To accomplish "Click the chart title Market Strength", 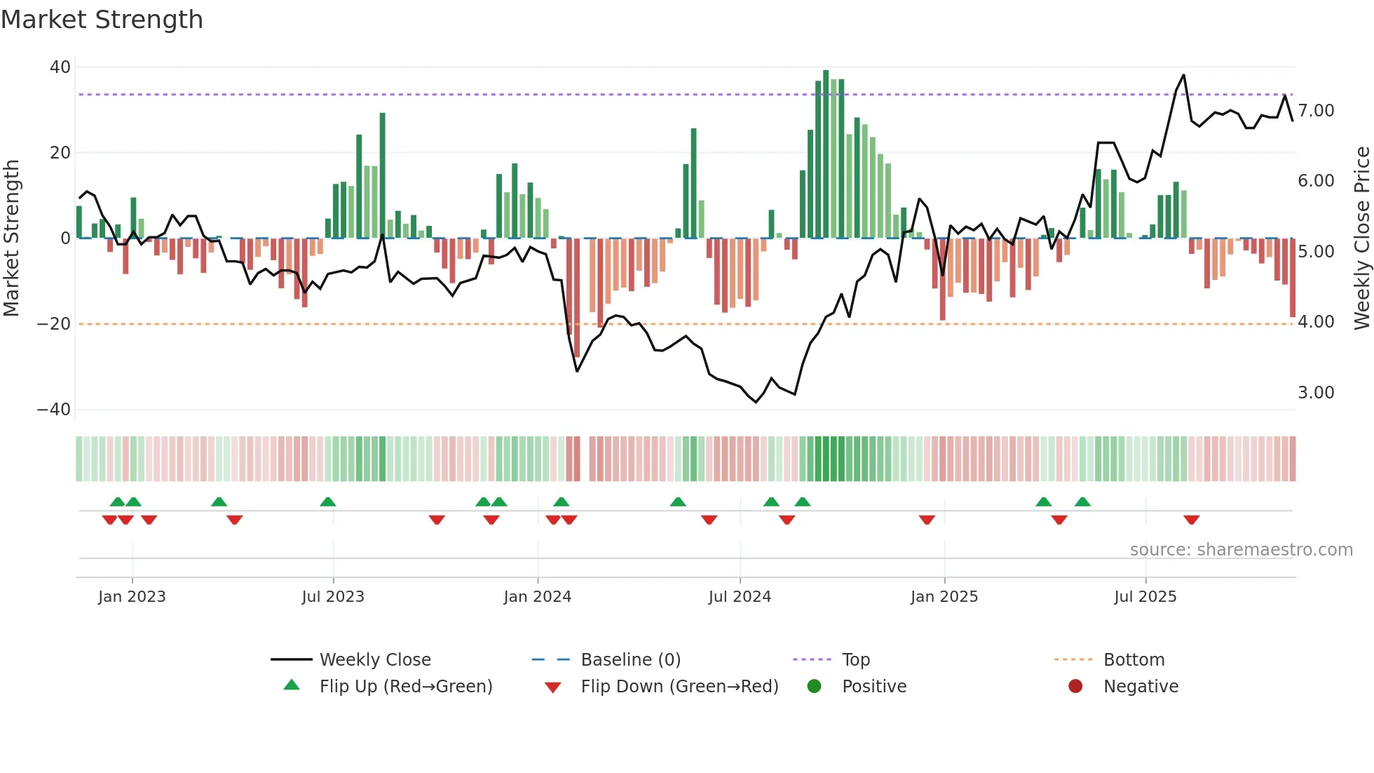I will coord(102,20).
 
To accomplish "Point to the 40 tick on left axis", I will coord(60,67).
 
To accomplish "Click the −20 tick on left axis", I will coord(54,324).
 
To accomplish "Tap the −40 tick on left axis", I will coord(54,410).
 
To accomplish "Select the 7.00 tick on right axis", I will coord(1316,111).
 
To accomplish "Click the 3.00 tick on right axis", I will coord(1316,393).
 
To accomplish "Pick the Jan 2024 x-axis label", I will coord(537,597).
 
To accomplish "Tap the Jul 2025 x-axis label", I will coord(1145,597).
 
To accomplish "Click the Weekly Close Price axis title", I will coord(1361,238).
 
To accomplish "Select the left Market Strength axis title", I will coord(11,238).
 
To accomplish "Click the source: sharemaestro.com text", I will coord(1241,550).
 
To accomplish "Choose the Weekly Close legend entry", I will coord(375,660).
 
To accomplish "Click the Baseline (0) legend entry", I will coord(630,660).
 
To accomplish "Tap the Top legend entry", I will coord(855,660).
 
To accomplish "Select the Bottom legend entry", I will coord(1134,660).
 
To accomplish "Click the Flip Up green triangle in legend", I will coord(292,685).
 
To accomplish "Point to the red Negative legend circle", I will coord(1075,686).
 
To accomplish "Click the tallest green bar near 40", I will coord(826,154).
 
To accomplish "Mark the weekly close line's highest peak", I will coord(1184,75).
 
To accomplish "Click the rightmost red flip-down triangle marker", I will coord(1191,520).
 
